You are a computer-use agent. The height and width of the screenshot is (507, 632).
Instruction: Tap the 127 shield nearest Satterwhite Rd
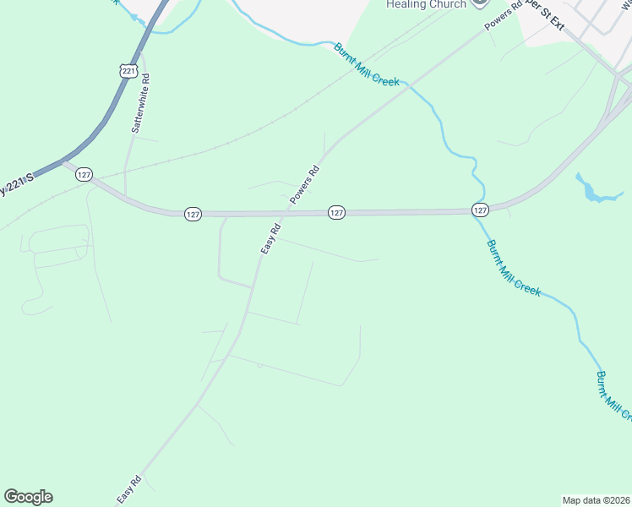pos(83,174)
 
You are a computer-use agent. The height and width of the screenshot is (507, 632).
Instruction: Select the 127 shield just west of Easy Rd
pos(193,215)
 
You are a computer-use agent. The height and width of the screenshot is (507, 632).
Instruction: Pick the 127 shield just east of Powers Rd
pos(336,213)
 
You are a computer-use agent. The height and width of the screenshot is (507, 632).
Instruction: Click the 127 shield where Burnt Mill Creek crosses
pos(480,209)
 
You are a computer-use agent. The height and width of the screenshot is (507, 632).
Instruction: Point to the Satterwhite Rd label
pos(140,103)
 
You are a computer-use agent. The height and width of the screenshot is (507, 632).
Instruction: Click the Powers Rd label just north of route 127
pos(305,183)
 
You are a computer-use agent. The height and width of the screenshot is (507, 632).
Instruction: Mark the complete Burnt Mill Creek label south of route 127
pos(513,267)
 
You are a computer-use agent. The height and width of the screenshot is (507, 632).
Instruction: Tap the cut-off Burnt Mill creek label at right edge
pos(613,395)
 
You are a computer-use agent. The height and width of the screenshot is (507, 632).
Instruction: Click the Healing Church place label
pos(426,4)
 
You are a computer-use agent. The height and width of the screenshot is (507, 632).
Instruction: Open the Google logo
pos(28,497)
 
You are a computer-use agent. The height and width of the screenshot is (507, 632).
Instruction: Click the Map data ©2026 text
pos(596,500)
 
